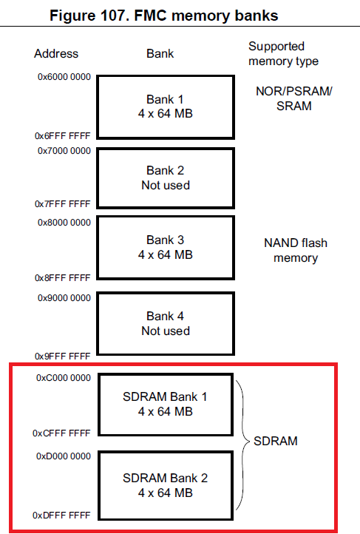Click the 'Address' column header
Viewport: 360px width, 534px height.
(55, 54)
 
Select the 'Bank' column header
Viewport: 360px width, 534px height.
(160, 54)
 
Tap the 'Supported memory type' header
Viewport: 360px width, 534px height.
(284, 53)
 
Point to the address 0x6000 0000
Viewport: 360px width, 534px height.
(64, 78)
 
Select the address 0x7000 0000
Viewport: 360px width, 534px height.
(64, 151)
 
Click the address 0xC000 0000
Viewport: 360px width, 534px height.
(64, 378)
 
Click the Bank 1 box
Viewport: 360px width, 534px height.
(166, 107)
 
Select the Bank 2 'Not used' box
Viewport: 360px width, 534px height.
(166, 178)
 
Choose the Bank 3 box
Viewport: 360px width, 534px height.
(166, 247)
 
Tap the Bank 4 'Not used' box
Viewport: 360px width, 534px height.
(166, 323)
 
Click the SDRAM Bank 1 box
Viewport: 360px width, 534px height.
(166, 404)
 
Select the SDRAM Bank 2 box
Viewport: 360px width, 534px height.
(166, 484)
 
